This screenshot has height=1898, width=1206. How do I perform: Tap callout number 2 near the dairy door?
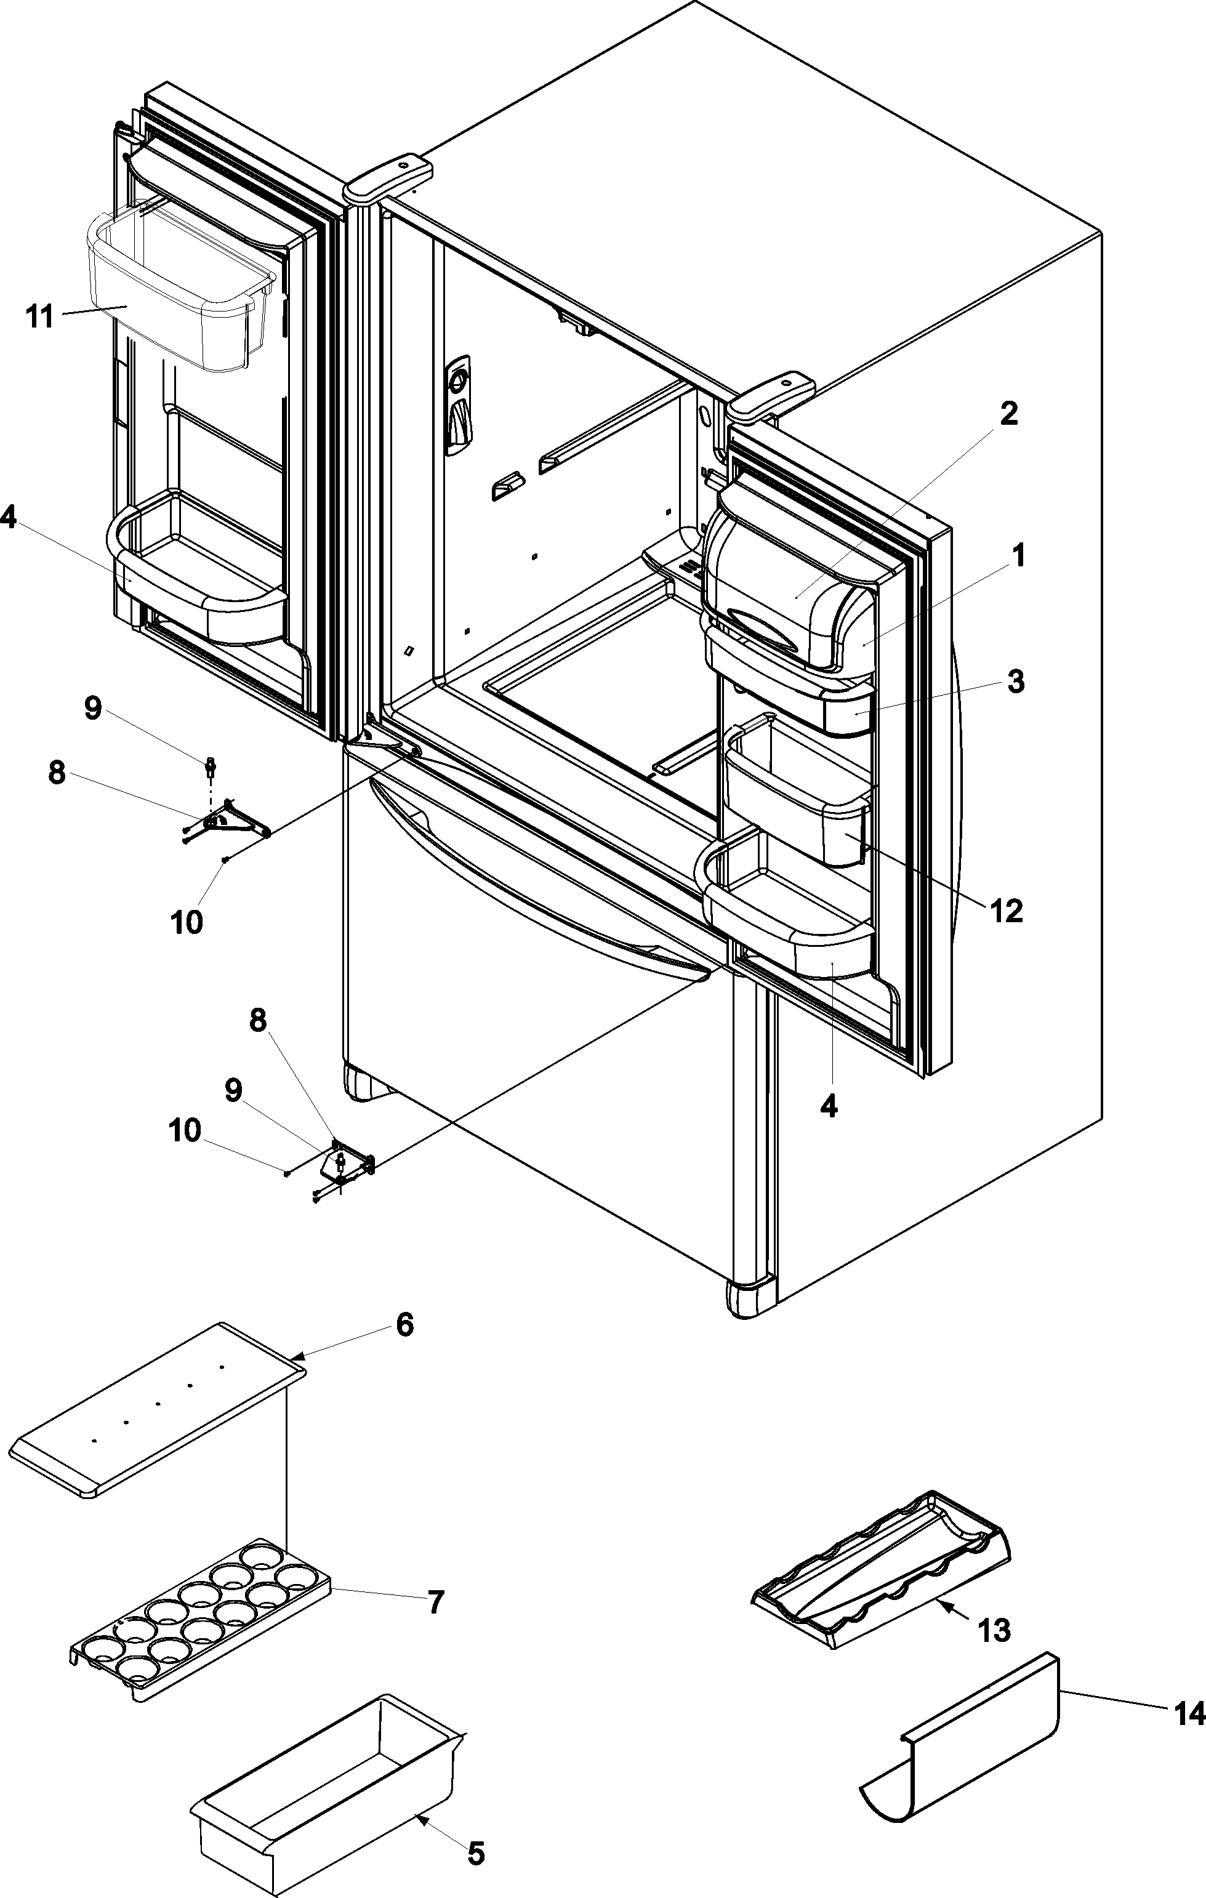tap(1008, 414)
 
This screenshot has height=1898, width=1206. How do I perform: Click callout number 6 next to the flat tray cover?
tap(404, 1325)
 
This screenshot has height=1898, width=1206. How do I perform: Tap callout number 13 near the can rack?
tap(995, 1630)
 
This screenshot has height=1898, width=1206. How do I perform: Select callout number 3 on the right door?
tap(1016, 681)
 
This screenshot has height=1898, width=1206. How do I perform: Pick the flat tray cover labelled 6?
tap(158, 1409)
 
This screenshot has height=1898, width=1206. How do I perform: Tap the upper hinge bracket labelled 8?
tap(228, 821)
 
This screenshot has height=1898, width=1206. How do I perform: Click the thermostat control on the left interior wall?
tap(459, 406)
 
